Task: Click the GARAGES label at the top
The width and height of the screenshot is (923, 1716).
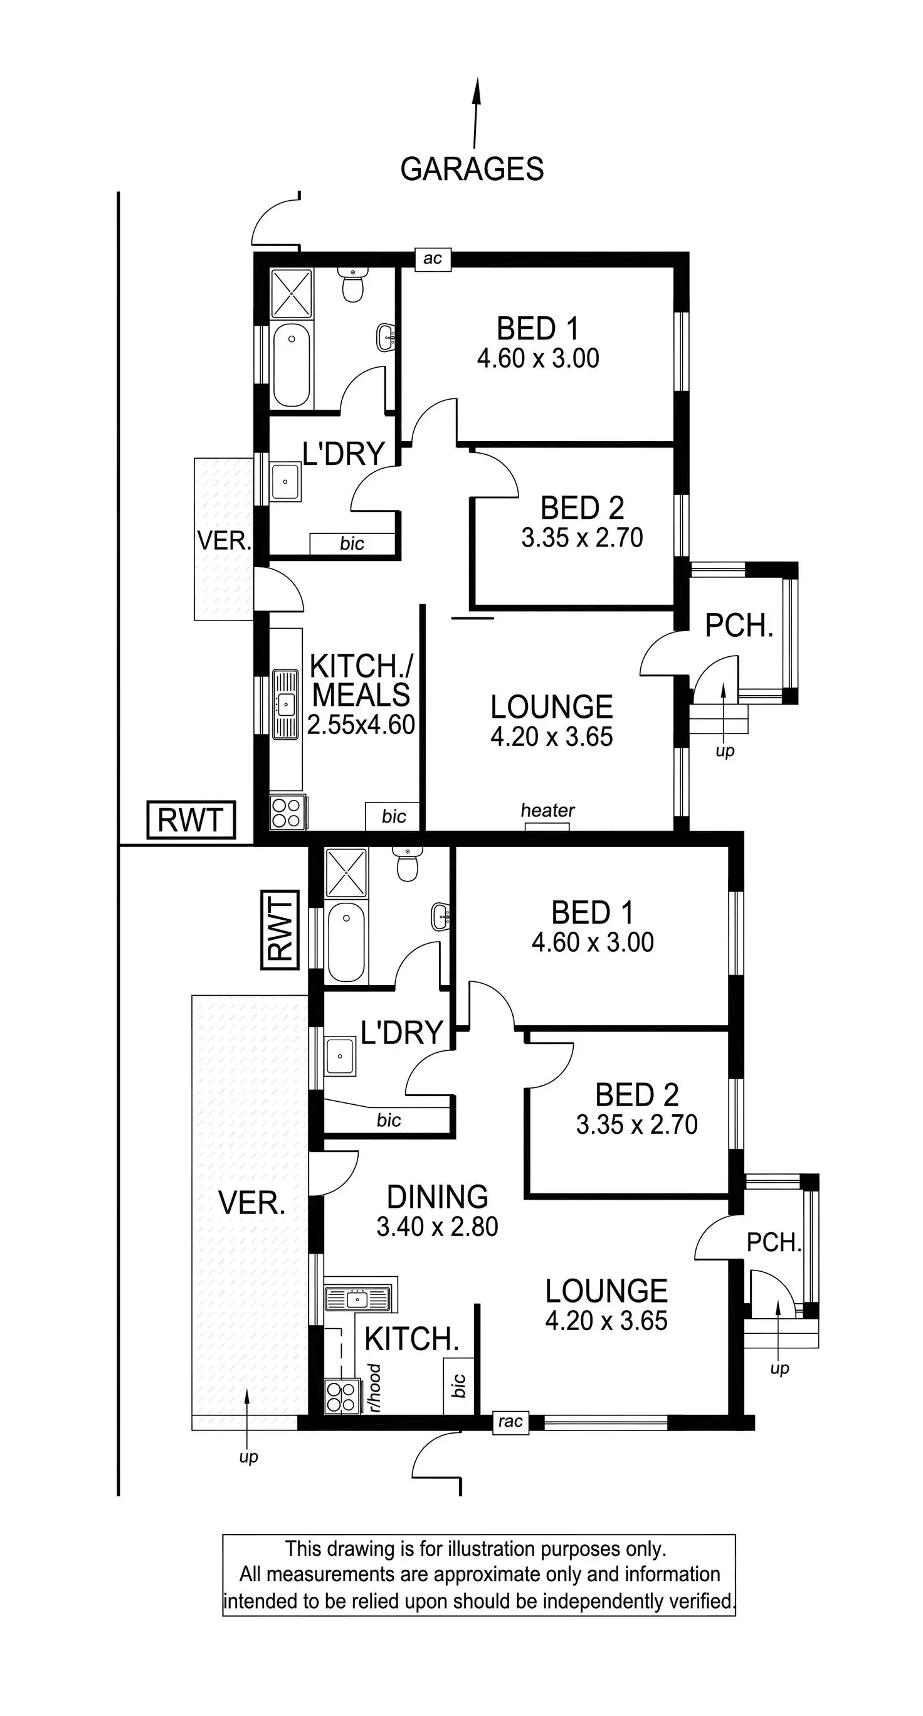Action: click(472, 169)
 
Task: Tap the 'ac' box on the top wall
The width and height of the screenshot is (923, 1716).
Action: click(432, 258)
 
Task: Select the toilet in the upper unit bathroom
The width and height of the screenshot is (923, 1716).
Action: click(352, 285)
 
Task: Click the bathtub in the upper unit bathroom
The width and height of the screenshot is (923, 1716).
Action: click(291, 365)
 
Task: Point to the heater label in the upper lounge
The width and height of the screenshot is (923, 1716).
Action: click(547, 810)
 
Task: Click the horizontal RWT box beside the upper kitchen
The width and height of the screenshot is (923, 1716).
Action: click(191, 819)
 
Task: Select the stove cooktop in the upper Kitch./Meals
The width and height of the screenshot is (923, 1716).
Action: click(287, 812)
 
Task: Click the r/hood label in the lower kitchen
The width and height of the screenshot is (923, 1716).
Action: click(375, 1388)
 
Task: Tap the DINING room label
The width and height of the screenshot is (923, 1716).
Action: click(438, 1197)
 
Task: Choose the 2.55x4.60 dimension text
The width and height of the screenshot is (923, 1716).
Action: click(361, 725)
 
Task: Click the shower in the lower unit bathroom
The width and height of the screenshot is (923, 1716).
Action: click(345, 873)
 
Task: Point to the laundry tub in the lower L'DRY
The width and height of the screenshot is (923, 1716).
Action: click(340, 1057)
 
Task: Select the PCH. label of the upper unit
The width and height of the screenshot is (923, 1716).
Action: click(739, 626)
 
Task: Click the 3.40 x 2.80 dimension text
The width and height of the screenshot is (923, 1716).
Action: click(438, 1227)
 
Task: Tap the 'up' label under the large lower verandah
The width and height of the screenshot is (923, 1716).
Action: click(248, 1457)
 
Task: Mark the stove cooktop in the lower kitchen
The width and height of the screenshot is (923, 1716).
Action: click(341, 1396)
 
